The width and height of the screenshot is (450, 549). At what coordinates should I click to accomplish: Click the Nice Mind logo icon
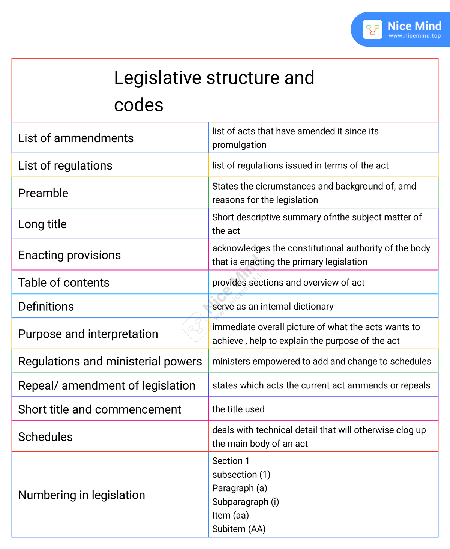tap(372, 30)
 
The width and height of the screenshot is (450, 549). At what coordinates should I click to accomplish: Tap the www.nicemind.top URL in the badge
tap(414, 36)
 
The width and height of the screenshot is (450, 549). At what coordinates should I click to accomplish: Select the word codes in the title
tap(138, 105)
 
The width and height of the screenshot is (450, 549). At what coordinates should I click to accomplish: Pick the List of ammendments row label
tap(76, 138)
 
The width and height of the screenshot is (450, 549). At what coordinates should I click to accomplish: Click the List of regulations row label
tap(65, 165)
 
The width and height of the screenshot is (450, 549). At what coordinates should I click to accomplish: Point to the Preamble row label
tap(43, 193)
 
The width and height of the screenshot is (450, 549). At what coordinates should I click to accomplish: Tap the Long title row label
tap(42, 224)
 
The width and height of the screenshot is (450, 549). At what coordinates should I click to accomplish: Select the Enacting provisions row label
tap(69, 255)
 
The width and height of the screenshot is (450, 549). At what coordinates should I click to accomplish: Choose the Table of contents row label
tap(64, 283)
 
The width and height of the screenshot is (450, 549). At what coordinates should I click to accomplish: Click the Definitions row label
tap(46, 307)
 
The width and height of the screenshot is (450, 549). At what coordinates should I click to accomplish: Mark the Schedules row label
tap(45, 437)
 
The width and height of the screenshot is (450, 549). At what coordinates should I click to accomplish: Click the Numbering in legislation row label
tap(81, 495)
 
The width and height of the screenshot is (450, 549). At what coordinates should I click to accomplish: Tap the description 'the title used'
tap(238, 409)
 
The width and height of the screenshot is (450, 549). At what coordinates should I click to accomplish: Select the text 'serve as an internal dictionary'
tap(273, 307)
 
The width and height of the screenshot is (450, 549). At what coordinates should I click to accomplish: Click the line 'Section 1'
tap(231, 461)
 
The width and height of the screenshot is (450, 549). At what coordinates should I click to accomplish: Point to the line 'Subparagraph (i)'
tap(246, 502)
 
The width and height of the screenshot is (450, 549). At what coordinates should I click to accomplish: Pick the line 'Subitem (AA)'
tap(239, 529)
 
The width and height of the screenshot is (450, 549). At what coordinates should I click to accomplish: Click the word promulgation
tap(239, 145)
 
